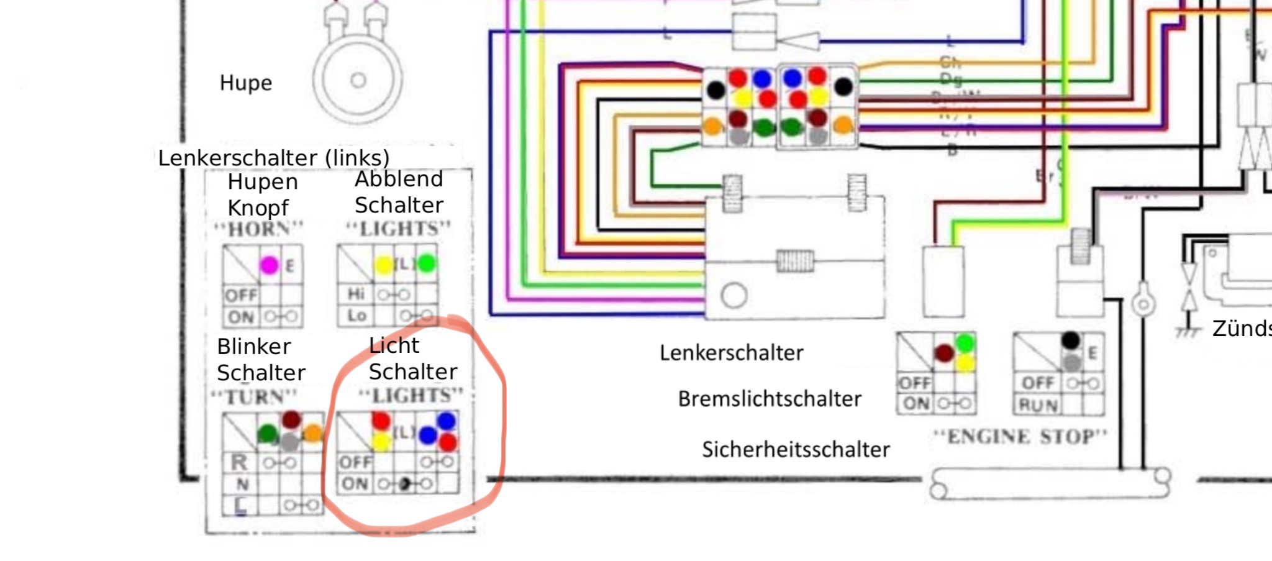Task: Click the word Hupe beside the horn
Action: coord(246,83)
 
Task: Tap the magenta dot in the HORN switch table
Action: coord(269,265)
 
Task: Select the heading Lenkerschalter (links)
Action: coord(273,158)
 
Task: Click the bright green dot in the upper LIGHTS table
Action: coord(427,263)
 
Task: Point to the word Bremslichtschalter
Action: coord(770,399)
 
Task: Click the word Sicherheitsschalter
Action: coord(796,449)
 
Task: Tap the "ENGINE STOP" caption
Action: coord(1020,437)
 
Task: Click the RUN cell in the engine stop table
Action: coord(1038,406)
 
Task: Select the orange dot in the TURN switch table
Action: coord(313,432)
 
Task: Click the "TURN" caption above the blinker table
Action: coord(255,396)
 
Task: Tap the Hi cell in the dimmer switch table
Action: coord(356,293)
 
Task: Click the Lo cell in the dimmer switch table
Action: coord(357,316)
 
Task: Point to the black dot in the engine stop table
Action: coord(1070,340)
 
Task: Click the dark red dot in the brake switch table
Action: coord(944,353)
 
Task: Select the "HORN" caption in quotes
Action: coord(258,229)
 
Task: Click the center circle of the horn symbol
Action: coord(358,80)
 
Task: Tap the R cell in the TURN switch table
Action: coord(239,463)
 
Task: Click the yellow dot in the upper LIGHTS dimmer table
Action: coord(384,265)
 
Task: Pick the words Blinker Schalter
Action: coord(260,360)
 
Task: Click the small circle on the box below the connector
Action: coord(734,296)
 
